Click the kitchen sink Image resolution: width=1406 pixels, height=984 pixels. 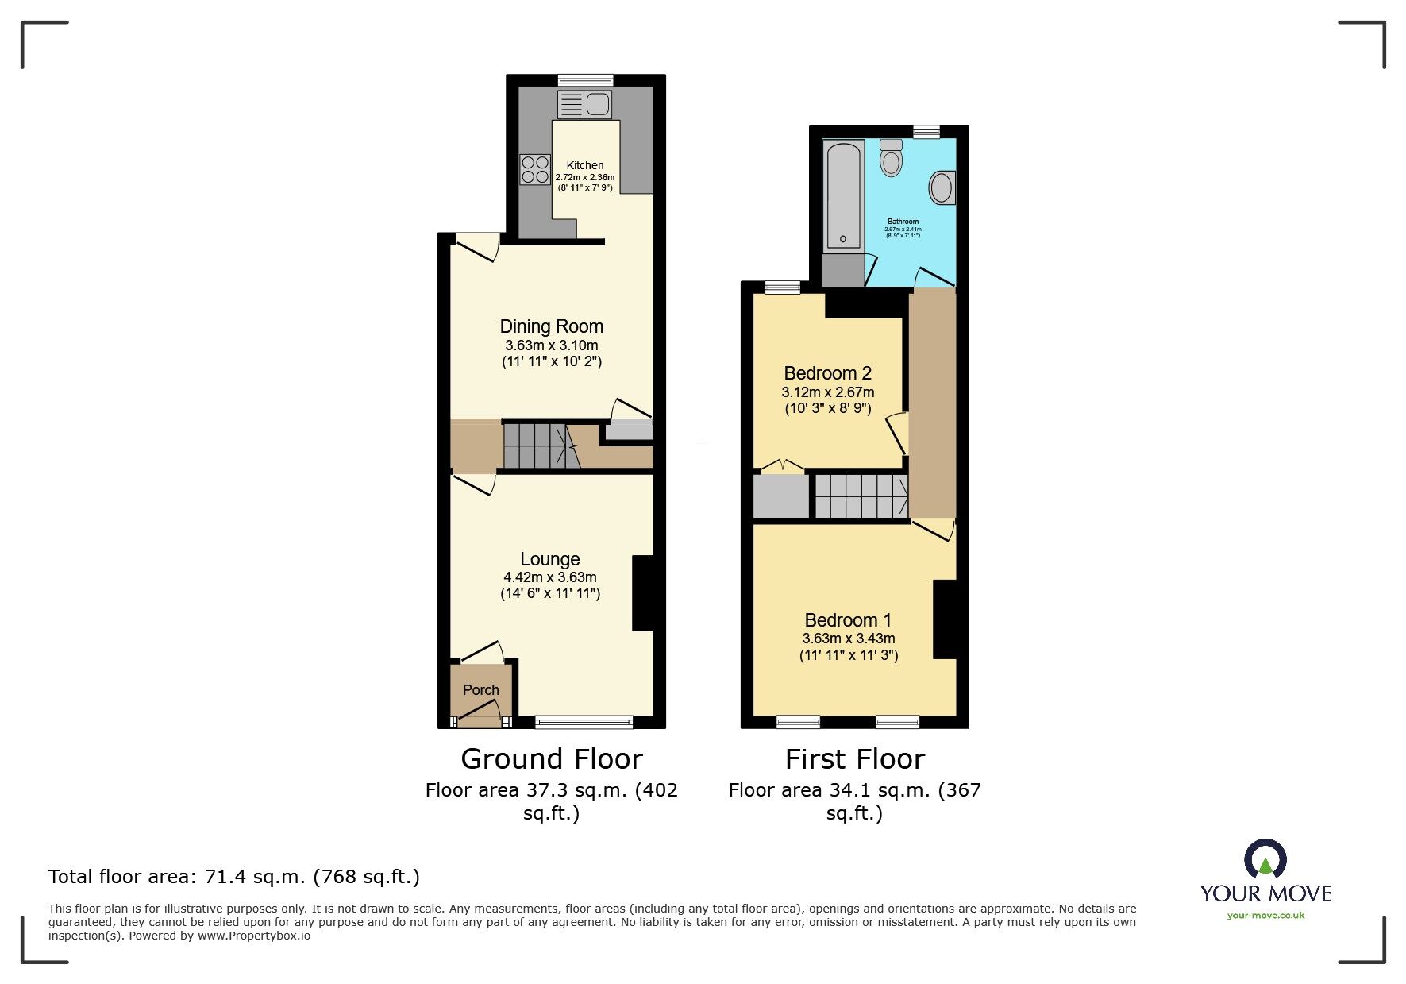[x=585, y=104]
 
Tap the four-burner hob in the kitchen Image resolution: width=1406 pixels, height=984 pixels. [x=535, y=169]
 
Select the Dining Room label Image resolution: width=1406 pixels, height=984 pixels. [x=551, y=326]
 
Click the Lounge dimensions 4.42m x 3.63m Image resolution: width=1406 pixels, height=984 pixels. [x=549, y=577]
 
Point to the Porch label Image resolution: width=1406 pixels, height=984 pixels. [x=481, y=690]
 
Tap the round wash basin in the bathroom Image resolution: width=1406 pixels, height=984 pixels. [x=942, y=188]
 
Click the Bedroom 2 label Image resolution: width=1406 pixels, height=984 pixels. [x=827, y=373]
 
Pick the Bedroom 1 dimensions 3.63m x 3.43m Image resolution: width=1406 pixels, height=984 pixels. [x=848, y=639]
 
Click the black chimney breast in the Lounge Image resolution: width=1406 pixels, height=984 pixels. [x=642, y=592]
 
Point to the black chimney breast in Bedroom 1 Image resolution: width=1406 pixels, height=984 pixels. [x=944, y=619]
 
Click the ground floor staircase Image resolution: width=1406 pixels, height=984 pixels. [x=536, y=446]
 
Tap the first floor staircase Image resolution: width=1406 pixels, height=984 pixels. [x=861, y=496]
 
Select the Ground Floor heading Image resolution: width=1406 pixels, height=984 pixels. [x=551, y=759]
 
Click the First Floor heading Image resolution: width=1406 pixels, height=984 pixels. [x=854, y=759]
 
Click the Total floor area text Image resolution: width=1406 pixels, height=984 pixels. [x=233, y=877]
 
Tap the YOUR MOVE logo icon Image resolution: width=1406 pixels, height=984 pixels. [x=1265, y=859]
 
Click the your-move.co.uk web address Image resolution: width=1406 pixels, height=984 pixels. [x=1265, y=916]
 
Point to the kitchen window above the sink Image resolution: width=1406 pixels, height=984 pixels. [x=585, y=79]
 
